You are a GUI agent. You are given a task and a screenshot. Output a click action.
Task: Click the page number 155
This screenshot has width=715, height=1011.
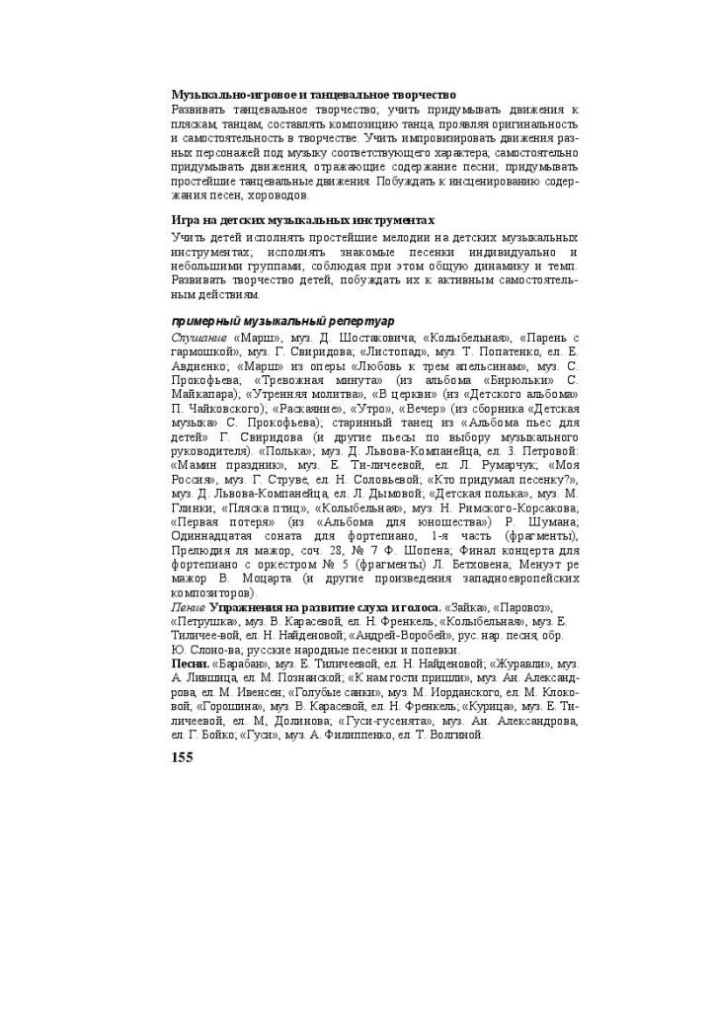182,757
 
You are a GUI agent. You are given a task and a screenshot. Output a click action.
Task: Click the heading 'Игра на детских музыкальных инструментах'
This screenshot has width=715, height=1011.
302,220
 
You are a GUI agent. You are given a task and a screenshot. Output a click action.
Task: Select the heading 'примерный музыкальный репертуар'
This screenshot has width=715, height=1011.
282,321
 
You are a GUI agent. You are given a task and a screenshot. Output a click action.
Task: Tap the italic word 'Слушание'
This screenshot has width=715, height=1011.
200,337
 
